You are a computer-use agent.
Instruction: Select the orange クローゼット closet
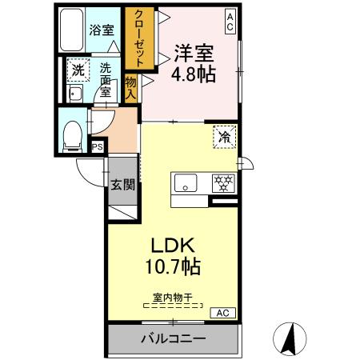137,38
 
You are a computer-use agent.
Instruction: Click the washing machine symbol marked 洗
78,70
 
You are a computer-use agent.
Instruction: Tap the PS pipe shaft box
98,146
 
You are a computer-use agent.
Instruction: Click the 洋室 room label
194,52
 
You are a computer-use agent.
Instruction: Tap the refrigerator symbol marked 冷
224,137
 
